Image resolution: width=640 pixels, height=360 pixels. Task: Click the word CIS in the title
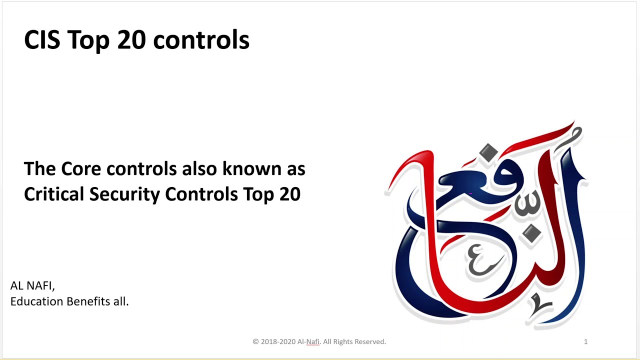coord(42,39)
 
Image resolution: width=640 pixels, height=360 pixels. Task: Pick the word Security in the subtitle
coord(124,194)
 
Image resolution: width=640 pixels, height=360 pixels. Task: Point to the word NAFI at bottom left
coord(40,285)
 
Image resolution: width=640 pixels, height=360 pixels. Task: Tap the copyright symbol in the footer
coord(255,341)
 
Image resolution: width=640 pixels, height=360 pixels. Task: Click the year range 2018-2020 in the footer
coord(277,341)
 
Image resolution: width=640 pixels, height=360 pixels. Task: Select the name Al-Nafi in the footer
coord(308,341)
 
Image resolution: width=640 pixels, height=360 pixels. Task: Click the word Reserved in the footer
coord(370,341)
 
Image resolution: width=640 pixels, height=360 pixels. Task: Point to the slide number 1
coord(585,341)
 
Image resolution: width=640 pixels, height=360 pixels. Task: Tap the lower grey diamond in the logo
coord(532,233)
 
